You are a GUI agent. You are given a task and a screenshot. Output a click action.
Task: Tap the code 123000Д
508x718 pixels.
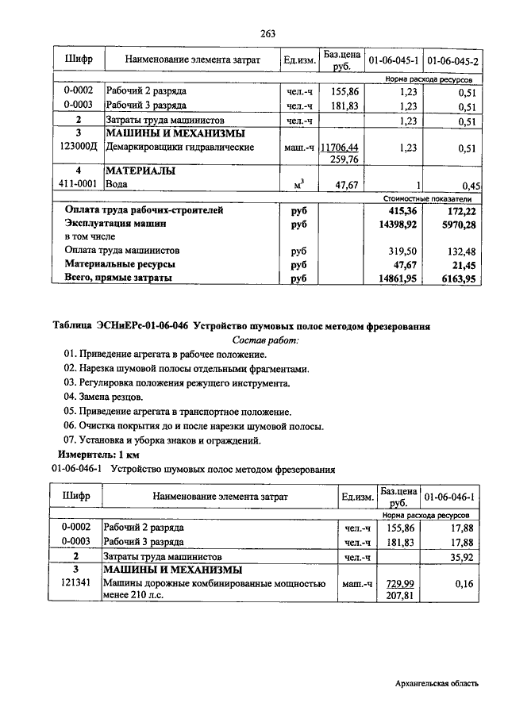[x=78, y=147]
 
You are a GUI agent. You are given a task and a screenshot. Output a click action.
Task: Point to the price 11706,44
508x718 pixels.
[x=339, y=147]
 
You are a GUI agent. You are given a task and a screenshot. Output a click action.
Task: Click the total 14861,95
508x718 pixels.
[x=398, y=278]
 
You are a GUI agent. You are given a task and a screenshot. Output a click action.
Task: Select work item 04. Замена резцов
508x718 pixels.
[x=104, y=397]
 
